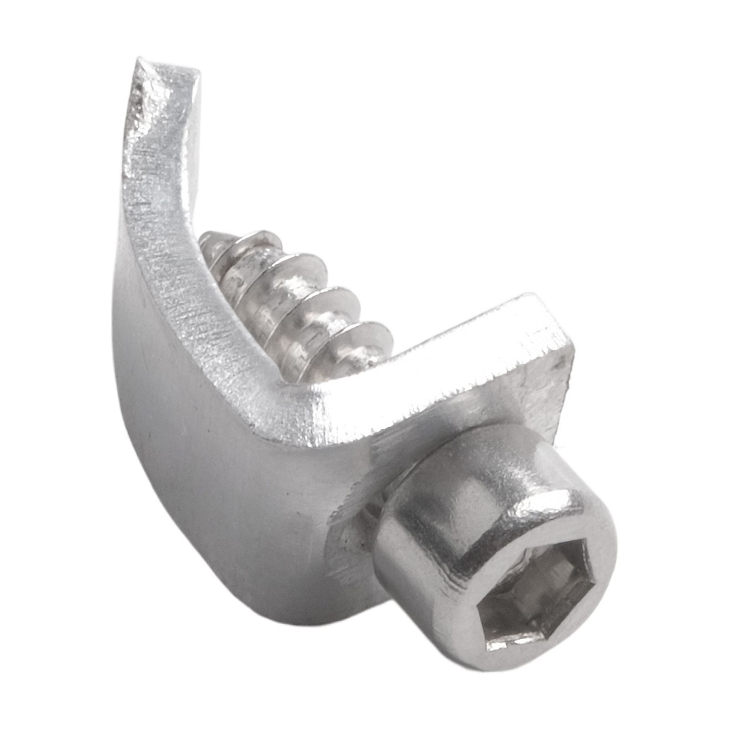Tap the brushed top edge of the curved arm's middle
point(169,255)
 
